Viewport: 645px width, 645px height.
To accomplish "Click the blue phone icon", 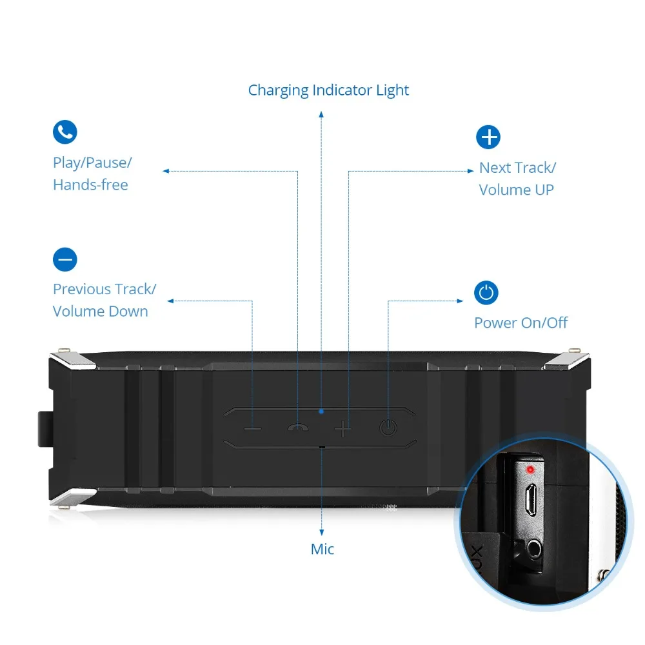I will (x=64, y=132).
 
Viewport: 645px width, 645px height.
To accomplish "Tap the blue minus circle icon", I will (x=64, y=259).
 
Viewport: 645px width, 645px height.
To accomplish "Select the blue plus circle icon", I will (x=488, y=137).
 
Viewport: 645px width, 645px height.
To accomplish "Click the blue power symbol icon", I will (x=486, y=293).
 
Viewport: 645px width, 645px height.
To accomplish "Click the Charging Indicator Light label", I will (x=328, y=90).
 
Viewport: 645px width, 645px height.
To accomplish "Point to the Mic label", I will (x=322, y=550).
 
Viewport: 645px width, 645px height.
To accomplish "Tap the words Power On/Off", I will (x=521, y=322).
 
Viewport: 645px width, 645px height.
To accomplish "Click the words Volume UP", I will (x=516, y=190).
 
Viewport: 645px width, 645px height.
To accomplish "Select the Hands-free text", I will (x=90, y=184).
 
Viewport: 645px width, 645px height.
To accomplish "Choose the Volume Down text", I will (x=100, y=311).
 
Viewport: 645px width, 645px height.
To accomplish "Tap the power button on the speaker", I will (x=388, y=427).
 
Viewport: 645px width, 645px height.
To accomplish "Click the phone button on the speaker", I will (x=298, y=427).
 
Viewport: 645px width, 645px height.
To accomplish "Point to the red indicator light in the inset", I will (x=531, y=469).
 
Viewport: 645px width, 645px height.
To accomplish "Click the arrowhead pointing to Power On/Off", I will (x=461, y=301).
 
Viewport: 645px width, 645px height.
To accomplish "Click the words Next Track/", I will (x=517, y=168).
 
